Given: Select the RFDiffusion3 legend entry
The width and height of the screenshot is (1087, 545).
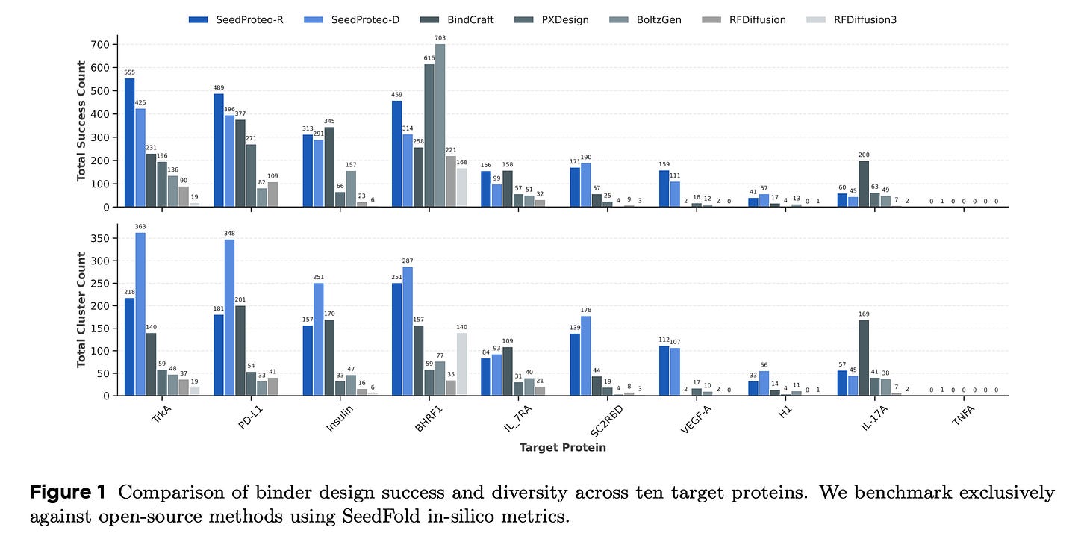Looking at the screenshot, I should coord(865,20).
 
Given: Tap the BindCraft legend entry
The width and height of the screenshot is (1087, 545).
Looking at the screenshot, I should coord(470,20).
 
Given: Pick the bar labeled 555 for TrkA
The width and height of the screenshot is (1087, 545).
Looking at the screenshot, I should coord(129,143).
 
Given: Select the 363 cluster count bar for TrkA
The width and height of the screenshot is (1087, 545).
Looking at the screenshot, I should coord(140,314).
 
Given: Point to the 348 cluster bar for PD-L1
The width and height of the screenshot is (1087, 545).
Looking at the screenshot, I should coord(229,317).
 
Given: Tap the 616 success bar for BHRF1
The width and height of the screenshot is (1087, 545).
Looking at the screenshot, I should coord(429,135).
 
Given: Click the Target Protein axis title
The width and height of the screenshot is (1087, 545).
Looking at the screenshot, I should coord(563,448).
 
